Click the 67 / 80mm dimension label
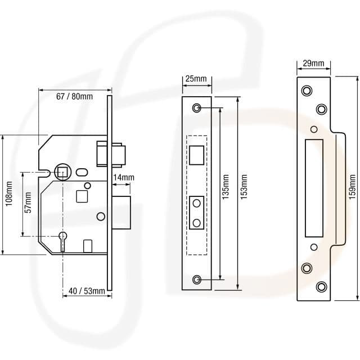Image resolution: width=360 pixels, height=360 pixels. click(74, 96)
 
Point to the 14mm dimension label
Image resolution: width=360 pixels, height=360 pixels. click(123, 178)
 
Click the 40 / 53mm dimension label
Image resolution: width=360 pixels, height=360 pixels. click(87, 291)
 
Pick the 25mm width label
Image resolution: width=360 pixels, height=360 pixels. click(195, 79)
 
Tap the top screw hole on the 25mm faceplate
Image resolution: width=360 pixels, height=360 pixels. click(197, 107)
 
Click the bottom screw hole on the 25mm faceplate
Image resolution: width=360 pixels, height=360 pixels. click(197, 279)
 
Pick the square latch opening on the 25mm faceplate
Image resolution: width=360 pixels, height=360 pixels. click(197, 154)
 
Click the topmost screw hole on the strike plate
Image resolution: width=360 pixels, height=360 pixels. click(307, 91)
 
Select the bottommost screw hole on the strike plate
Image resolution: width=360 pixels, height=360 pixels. click(321, 286)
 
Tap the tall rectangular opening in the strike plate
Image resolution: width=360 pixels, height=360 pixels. click(313, 188)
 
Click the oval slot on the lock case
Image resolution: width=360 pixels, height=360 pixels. click(82, 172)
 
